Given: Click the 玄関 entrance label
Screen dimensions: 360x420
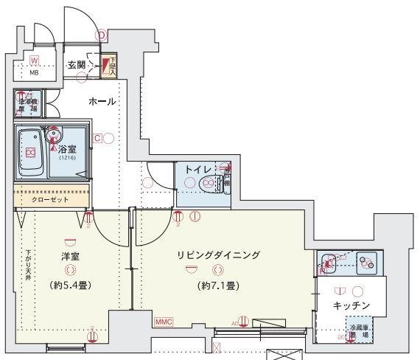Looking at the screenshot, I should pos(76,65).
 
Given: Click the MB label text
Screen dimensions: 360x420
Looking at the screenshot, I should pos(34,73).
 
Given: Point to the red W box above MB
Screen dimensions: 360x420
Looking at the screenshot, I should pos(35,60).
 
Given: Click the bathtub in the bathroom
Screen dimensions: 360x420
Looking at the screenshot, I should pos(30,153).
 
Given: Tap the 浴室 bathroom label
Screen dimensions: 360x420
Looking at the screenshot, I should pos(67,148).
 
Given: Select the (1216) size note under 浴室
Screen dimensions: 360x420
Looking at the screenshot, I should pos(67,158).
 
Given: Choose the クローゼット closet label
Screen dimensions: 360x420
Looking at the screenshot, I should pos(49,199).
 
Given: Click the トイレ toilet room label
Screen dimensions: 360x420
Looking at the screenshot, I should pos(197,169).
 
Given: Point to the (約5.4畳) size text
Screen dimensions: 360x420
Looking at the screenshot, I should pos(71,284).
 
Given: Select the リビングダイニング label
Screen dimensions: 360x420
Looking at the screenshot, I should pos(218,255).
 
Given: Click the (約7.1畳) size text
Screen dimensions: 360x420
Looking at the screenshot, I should pos(218,285).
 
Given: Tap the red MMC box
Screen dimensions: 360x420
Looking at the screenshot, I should pos(164,322).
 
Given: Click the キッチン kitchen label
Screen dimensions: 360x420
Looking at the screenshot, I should pos(351,305).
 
